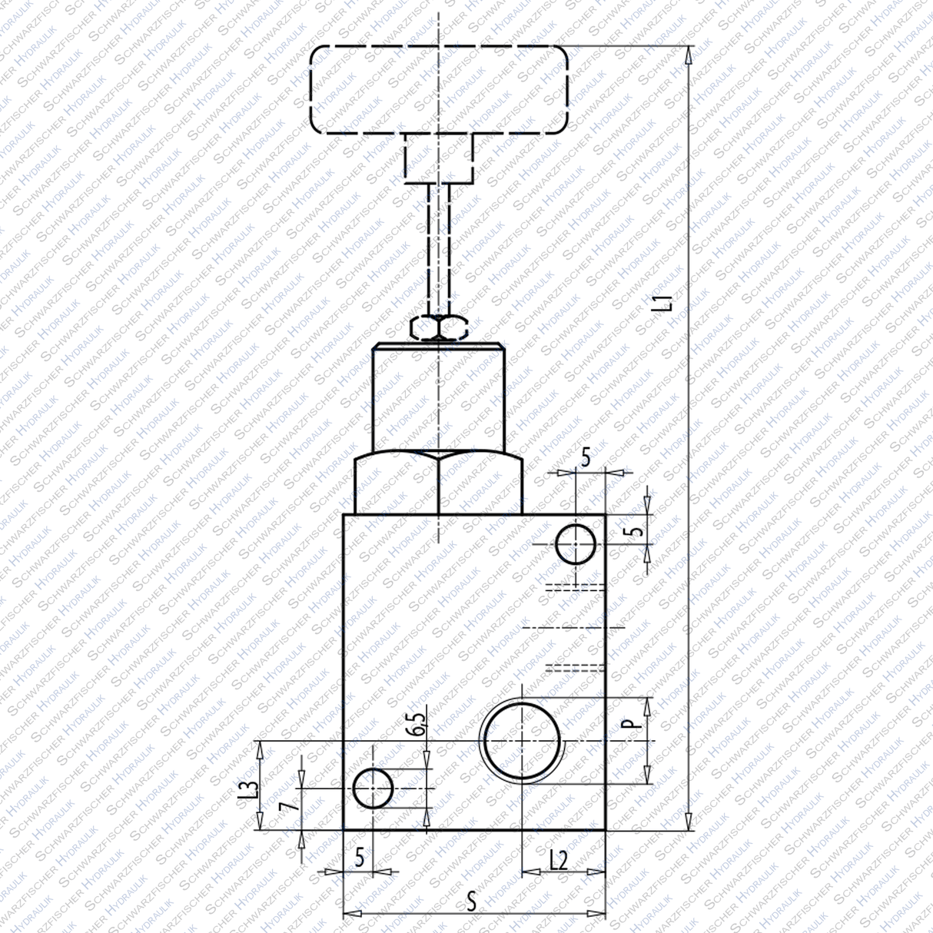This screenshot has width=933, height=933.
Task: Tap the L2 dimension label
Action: pyautogui.click(x=559, y=860)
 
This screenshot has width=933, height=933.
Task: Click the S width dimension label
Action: pyautogui.click(x=474, y=901)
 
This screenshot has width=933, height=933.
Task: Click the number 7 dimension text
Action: pyautogui.click(x=286, y=806)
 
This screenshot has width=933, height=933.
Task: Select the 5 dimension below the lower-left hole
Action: pyautogui.click(x=359, y=858)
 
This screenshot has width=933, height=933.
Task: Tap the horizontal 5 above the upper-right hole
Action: pyautogui.click(x=586, y=460)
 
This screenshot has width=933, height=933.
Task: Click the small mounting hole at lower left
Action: pyautogui.click(x=373, y=788)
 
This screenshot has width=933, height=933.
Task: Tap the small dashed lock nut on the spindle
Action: pyautogui.click(x=439, y=327)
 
